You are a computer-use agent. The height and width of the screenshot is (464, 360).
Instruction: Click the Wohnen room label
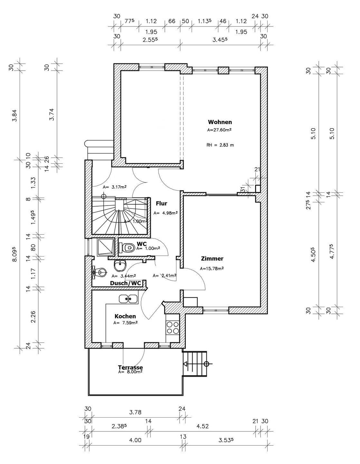220,122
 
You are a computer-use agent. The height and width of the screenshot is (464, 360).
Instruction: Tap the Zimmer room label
212,259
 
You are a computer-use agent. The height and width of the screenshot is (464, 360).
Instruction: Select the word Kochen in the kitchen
125,316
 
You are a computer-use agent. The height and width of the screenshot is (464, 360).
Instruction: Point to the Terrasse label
130,367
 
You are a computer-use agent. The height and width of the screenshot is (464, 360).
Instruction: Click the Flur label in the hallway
161,204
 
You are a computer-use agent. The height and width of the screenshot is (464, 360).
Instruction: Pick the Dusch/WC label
126,283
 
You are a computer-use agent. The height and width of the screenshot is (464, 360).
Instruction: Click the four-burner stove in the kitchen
173,328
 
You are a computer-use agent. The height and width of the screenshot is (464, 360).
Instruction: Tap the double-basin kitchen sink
128,299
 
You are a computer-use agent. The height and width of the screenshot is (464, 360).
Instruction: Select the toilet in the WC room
128,248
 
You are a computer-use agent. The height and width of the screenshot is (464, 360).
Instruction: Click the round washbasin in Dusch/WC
120,266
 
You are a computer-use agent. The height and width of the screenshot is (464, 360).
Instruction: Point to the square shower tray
106,247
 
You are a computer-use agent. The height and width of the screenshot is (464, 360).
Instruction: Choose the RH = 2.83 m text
220,145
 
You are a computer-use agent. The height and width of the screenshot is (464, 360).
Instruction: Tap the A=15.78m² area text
212,269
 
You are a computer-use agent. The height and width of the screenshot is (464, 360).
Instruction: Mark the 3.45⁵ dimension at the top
220,40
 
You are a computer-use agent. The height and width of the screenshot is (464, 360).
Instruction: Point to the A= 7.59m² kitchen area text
125,323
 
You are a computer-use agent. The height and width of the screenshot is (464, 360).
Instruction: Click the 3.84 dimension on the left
14,115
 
